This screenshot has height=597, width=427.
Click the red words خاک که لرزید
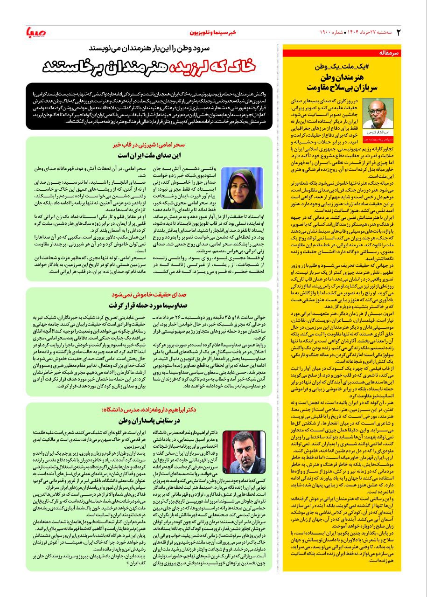204,66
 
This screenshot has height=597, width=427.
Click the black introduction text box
149,106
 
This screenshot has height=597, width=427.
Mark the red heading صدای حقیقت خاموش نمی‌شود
150,295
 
